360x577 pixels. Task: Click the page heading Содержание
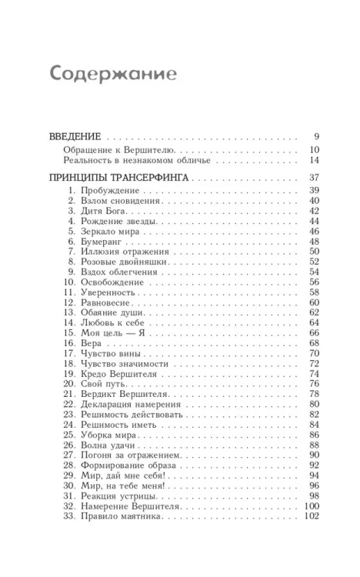pos(113,73)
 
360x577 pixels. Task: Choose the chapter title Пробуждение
pos(106,190)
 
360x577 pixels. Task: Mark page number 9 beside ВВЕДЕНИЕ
pos(316,136)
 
